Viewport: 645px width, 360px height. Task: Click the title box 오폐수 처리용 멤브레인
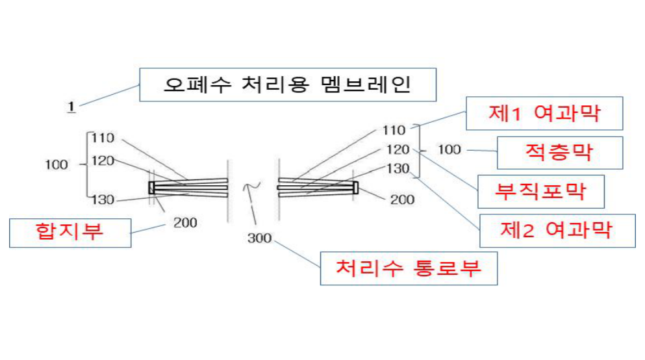tap(288, 84)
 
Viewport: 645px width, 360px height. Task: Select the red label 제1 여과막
tap(544, 113)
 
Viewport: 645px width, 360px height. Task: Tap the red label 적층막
tap(560, 153)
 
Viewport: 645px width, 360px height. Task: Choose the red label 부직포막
tap(541, 191)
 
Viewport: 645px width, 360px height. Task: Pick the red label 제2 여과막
tap(557, 231)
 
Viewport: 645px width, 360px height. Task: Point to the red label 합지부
tap(70, 233)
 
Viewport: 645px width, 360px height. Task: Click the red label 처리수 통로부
tap(409, 268)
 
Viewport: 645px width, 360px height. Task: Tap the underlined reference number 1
tap(71, 107)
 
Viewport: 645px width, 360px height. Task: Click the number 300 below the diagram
tap(259, 238)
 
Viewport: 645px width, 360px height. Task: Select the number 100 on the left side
tap(57, 165)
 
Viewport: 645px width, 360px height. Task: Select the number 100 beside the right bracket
tap(449, 149)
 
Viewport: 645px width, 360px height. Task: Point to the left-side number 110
tap(103, 138)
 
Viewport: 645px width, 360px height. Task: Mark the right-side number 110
tap(394, 131)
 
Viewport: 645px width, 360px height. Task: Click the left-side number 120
tap(103, 161)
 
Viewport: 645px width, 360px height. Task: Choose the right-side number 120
tap(398, 149)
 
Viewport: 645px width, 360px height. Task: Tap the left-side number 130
tap(103, 200)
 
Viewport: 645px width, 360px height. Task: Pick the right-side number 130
tap(398, 169)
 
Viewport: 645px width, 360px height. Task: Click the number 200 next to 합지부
tap(185, 223)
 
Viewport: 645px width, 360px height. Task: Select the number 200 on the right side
tap(402, 199)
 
